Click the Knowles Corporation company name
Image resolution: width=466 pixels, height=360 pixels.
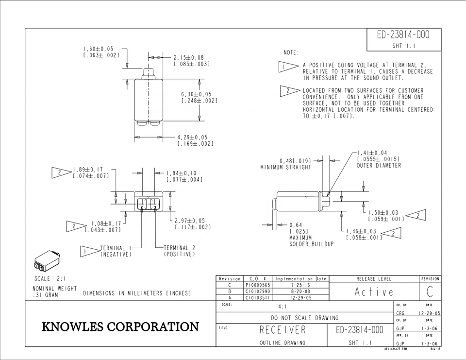pos(120,326)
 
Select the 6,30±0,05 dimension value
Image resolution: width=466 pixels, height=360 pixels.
pos(197,94)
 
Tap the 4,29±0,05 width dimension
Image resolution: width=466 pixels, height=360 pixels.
pos(192,137)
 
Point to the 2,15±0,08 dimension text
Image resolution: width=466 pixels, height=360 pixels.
pos(189,58)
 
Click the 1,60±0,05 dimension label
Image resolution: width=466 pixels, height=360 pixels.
pos(98,49)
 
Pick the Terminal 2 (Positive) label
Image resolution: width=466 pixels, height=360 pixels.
pos(180,251)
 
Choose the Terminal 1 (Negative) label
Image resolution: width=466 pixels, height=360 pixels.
pos(116,251)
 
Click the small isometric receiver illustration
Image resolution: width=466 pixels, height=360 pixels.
pos(47,261)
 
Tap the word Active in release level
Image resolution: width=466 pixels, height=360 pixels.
pos(374,292)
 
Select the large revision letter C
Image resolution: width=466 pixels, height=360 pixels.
pos(430,292)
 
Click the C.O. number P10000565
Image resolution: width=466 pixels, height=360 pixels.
pos(258,285)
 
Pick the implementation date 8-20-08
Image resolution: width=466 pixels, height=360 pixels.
pos(301,291)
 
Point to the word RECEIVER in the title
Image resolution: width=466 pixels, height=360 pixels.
pos(283,330)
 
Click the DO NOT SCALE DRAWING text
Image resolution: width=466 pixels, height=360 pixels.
pos(305,318)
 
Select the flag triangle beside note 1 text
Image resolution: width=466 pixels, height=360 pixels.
pos(288,67)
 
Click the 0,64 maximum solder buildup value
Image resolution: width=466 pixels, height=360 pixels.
pos(296,225)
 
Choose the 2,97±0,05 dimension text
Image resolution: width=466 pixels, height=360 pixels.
pos(190,221)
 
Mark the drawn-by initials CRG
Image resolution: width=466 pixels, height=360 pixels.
pos(400,313)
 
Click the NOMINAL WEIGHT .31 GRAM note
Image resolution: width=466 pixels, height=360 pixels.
pos(55,292)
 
